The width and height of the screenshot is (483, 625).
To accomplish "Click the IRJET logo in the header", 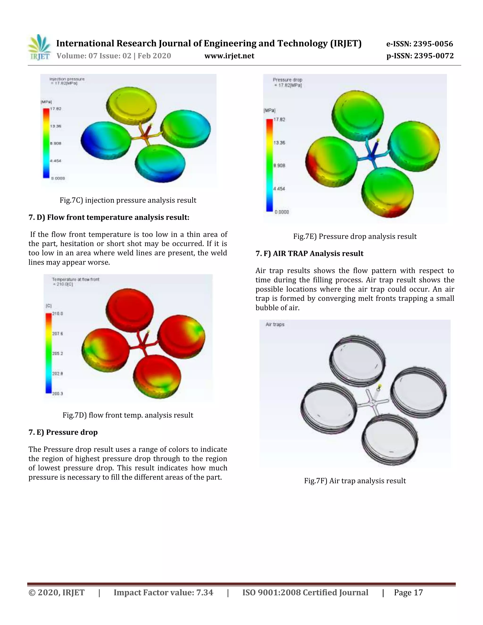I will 39,47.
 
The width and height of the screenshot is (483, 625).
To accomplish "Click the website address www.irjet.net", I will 229,56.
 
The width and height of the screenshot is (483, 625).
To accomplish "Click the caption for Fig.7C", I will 128,200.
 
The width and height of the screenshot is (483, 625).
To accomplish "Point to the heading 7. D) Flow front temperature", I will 109,217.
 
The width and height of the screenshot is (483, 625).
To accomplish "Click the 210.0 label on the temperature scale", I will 58,314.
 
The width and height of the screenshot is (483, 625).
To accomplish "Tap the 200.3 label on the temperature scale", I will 58,393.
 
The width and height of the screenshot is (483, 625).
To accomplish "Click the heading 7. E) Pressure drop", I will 63,432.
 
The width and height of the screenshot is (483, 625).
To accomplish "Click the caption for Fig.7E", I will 355,236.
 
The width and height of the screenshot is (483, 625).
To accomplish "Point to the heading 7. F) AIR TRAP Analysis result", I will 309,254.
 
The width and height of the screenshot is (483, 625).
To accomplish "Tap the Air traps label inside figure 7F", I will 275,324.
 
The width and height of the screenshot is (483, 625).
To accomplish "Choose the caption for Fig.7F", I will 355,481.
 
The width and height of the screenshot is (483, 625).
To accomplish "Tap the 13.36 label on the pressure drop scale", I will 279,143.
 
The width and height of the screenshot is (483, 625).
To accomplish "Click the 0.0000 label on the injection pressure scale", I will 58,178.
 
